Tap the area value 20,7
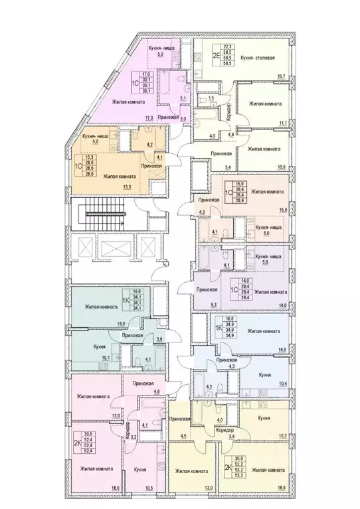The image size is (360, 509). click(283, 78)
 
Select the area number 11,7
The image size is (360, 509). click(282, 123)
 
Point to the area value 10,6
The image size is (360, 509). click(282, 167)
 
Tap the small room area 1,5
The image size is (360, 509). click(211, 98)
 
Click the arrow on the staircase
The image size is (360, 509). click(100, 214)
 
